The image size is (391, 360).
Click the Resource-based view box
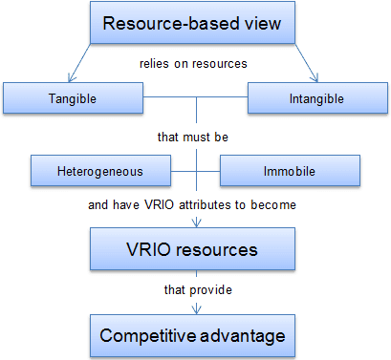pyautogui.click(x=195, y=24)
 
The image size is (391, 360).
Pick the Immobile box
pyautogui.click(x=290, y=171)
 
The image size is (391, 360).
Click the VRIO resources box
pyautogui.click(x=195, y=250)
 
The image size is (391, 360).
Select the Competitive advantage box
pyautogui.click(x=195, y=336)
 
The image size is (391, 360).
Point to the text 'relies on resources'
pyautogui.click(x=195, y=65)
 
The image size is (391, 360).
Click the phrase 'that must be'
pyautogui.click(x=195, y=136)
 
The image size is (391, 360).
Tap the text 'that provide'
pyautogui.click(x=195, y=288)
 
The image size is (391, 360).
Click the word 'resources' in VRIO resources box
pyautogui.click(x=223, y=250)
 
